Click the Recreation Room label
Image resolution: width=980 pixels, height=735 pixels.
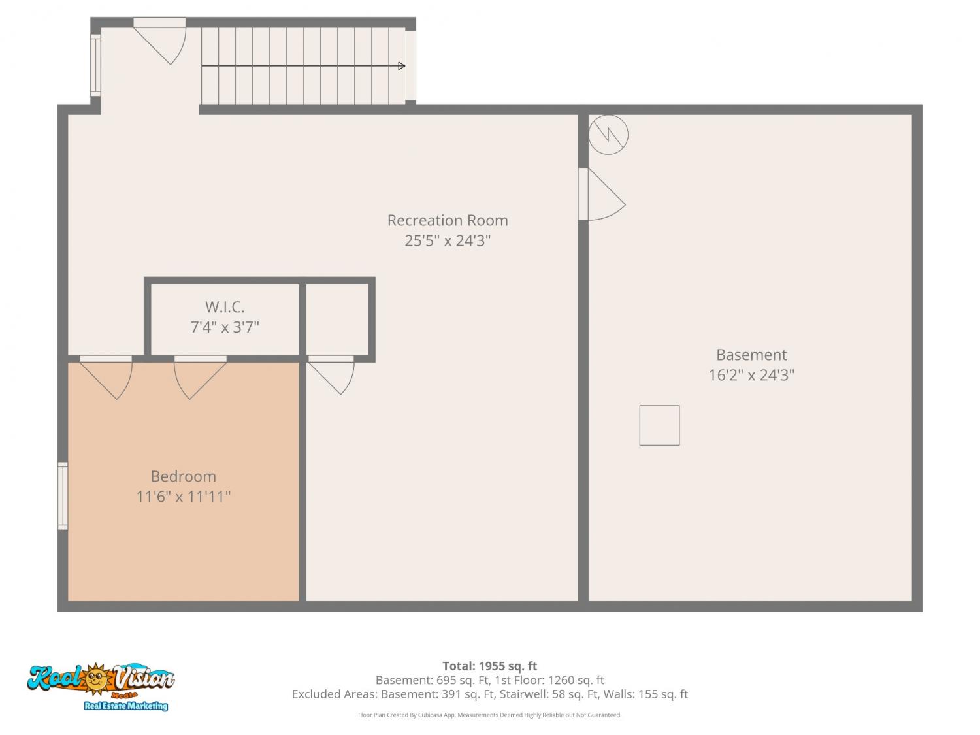(448, 220)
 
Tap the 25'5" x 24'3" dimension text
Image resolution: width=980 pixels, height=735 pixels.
(448, 241)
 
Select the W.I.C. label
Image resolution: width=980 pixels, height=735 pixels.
(225, 307)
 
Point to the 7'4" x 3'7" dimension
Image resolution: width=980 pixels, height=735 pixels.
(225, 327)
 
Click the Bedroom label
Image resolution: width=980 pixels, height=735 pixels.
(183, 476)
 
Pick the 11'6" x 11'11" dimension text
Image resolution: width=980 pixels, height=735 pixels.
(183, 497)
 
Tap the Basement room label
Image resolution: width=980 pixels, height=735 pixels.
(751, 355)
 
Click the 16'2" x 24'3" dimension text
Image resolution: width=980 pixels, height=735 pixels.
(751, 375)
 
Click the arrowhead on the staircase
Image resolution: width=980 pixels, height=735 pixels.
(401, 66)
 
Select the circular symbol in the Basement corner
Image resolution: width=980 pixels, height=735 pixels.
(608, 135)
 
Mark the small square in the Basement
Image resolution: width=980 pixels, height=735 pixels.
(659, 425)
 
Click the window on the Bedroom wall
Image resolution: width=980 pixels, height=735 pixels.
(63, 496)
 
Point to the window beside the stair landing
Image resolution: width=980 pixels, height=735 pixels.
(95, 65)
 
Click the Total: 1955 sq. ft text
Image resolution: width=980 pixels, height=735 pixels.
(490, 666)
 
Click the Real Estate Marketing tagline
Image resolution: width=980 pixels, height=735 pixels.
(126, 706)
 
